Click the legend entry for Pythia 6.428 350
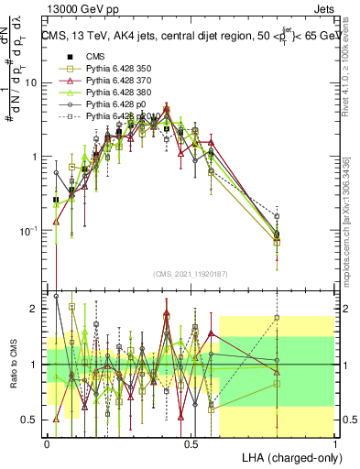click(115, 70)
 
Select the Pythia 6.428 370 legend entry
click(115, 82)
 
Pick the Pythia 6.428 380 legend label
click(115, 93)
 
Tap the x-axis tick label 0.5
click(191, 443)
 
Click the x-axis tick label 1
click(334, 443)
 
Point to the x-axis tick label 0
click(48, 443)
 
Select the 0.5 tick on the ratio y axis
click(33, 420)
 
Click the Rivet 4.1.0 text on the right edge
click(351, 73)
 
